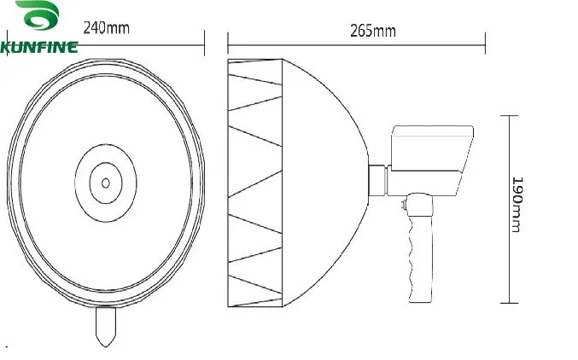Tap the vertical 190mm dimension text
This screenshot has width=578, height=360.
[x=517, y=205]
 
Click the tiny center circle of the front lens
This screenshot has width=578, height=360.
[x=105, y=182]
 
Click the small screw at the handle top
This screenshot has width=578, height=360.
[x=402, y=203]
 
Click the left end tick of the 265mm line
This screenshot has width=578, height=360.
[x=228, y=40]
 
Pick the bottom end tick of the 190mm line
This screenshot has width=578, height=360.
[x=509, y=302]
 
